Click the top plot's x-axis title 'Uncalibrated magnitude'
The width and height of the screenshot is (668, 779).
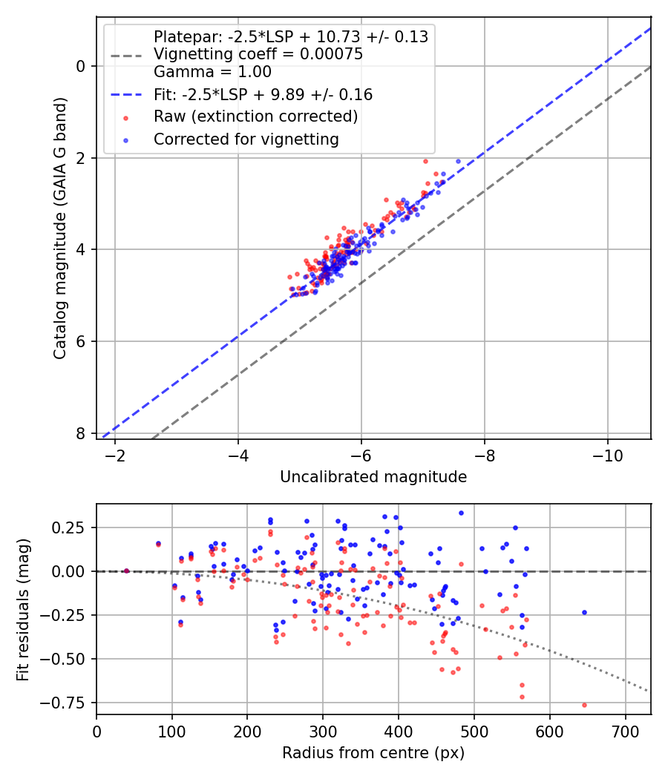click(x=373, y=477)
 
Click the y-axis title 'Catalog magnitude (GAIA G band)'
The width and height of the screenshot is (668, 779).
click(x=60, y=228)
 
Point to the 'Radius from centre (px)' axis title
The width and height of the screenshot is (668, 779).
click(x=373, y=752)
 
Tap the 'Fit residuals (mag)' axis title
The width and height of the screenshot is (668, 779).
click(x=23, y=608)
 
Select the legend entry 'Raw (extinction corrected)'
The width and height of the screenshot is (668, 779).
click(x=255, y=116)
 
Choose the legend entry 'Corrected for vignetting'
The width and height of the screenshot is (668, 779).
click(x=246, y=139)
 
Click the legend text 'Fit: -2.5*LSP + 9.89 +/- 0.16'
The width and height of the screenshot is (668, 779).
click(x=263, y=94)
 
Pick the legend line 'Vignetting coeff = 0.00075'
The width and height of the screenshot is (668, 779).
click(x=258, y=54)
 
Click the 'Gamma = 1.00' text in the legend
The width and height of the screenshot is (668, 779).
click(x=212, y=72)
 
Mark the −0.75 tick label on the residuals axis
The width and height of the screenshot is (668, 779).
click(x=69, y=703)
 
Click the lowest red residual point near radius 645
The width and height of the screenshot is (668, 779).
click(x=584, y=705)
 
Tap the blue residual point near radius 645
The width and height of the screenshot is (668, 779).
click(x=584, y=612)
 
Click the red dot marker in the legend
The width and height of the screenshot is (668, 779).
click(x=126, y=117)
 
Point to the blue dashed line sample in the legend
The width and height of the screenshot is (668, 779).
click(x=126, y=95)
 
